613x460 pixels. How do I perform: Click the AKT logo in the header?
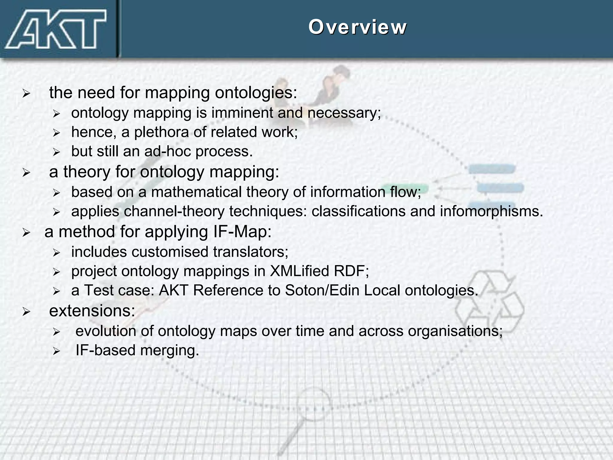[x=56, y=29]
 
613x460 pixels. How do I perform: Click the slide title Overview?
[x=357, y=27]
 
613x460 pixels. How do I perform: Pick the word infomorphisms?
[x=491, y=211]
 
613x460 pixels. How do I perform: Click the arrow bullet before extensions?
[x=26, y=312]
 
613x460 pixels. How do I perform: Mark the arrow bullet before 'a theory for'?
[x=26, y=173]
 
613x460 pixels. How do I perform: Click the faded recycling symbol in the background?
[x=490, y=299]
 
